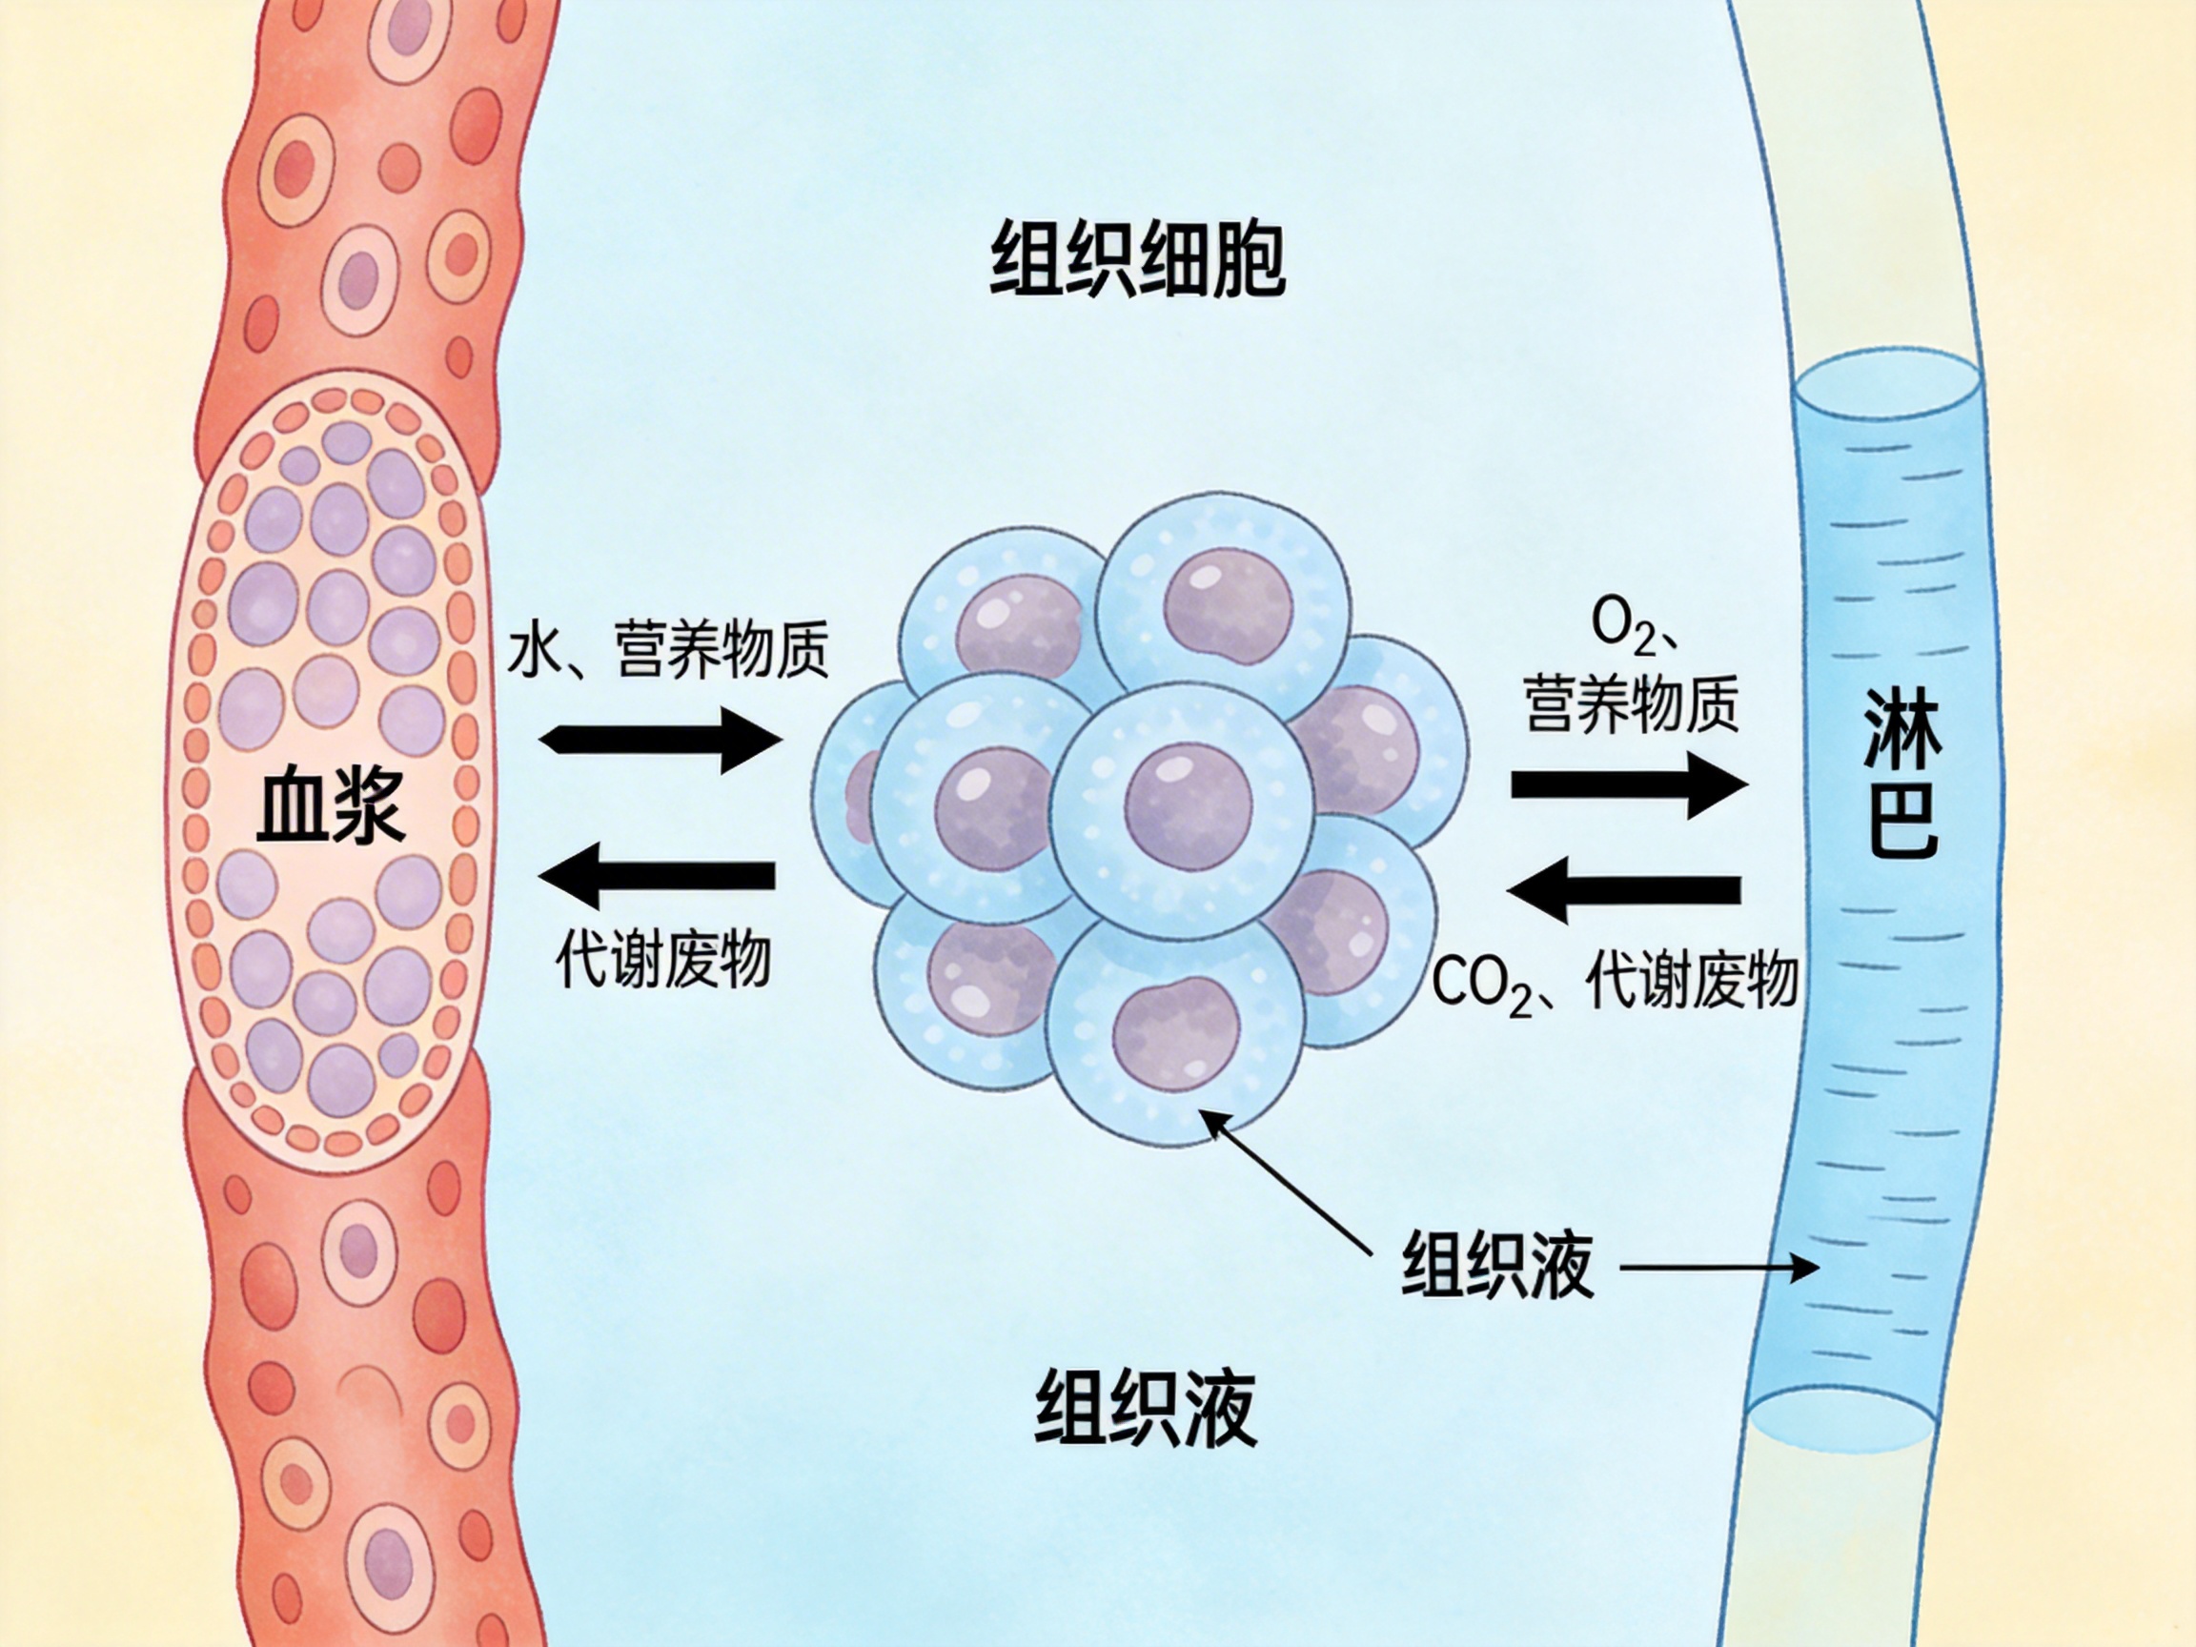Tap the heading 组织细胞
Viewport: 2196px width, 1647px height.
(x=1138, y=260)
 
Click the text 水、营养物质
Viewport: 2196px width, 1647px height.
(x=667, y=650)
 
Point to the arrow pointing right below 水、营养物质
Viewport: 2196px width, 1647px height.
(x=661, y=740)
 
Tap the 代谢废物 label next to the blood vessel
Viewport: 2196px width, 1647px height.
(x=663, y=959)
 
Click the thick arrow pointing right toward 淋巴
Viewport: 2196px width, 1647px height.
(x=1628, y=784)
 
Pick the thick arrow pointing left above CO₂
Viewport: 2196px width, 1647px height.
(x=1624, y=889)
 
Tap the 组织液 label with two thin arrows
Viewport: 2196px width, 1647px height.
(x=1497, y=1266)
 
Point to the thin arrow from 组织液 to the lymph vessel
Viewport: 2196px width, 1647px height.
(x=1718, y=1267)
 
